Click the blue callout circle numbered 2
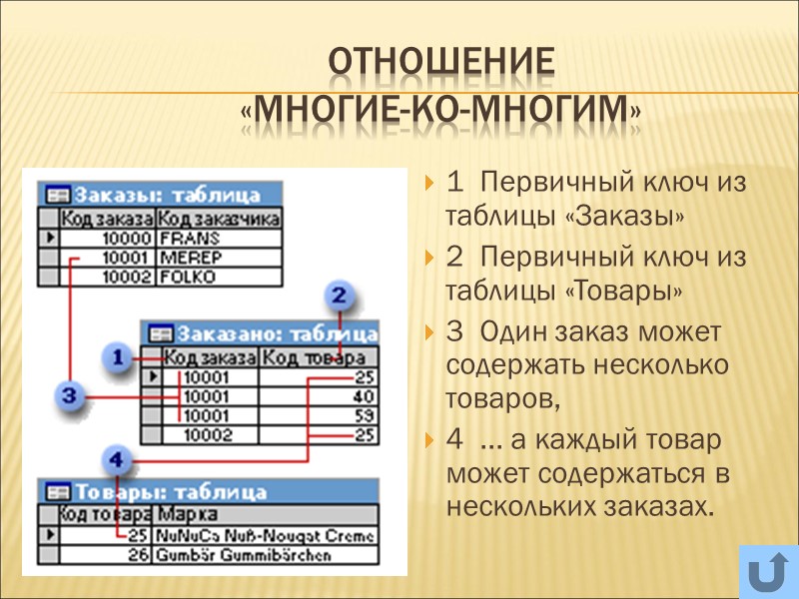coord(340,296)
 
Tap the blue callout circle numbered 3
coord(68,396)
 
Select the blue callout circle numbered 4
coord(117,460)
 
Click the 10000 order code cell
coord(108,239)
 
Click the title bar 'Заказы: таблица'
coord(160,196)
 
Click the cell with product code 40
coord(318,396)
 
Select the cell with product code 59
coord(318,415)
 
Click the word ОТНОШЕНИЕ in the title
coord(440,64)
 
